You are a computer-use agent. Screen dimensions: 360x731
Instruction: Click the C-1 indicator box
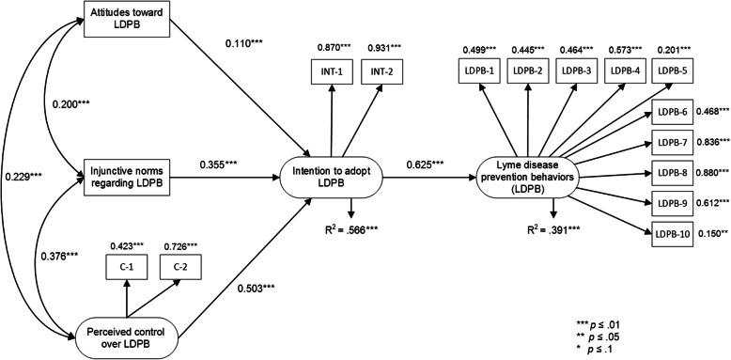point(126,269)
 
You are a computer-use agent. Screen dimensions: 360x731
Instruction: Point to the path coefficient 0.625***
point(427,164)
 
